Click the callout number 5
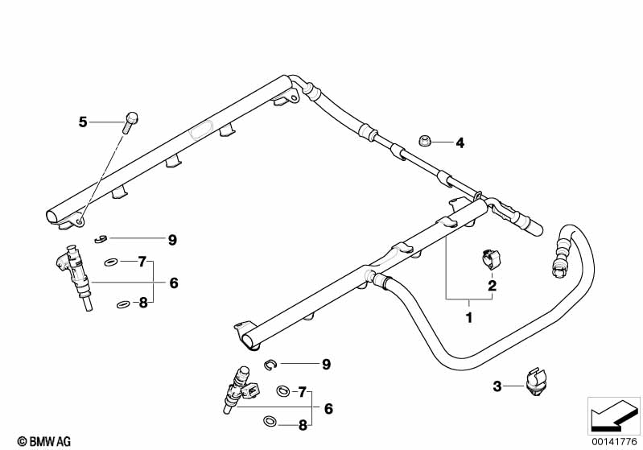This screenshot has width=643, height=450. (x=82, y=122)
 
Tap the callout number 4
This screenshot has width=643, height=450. (x=460, y=143)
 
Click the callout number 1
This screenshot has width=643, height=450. (x=469, y=318)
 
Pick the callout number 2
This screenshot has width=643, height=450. (x=490, y=285)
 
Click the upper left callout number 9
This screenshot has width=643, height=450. (x=172, y=239)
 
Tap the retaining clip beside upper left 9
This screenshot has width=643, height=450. (x=99, y=237)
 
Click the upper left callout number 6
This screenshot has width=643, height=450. (x=174, y=283)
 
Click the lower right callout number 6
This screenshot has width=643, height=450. (x=328, y=408)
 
